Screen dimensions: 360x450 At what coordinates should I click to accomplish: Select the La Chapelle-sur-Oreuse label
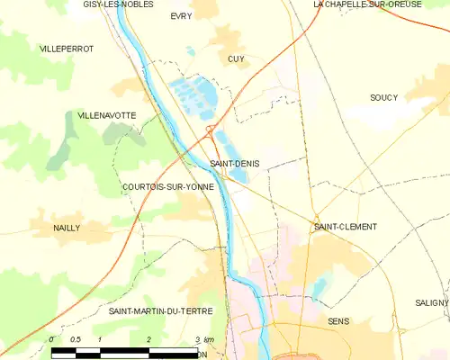[367, 4]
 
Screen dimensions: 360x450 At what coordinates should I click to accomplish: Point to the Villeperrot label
[66, 48]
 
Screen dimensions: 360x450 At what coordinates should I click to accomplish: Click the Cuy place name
[236, 58]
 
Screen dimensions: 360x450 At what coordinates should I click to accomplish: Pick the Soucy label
[383, 97]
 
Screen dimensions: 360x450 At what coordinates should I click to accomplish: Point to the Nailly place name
[67, 228]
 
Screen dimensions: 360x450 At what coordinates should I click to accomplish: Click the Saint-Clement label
[345, 227]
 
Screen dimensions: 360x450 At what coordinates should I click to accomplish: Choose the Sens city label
[338, 321]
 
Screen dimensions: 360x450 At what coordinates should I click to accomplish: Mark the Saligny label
[431, 303]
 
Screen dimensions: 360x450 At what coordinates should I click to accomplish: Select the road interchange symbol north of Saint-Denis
[210, 131]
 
